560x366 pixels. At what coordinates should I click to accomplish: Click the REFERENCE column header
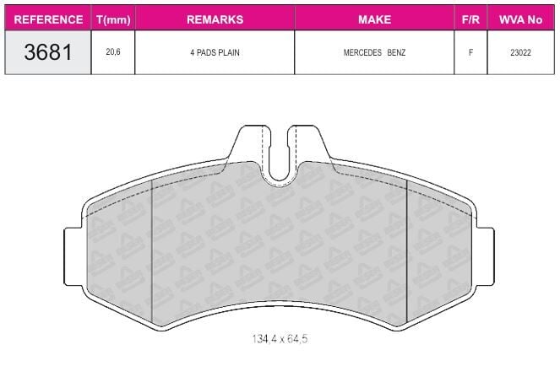click(x=48, y=19)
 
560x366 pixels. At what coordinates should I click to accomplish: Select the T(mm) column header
click(x=113, y=19)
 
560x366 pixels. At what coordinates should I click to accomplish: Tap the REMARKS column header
click(x=215, y=19)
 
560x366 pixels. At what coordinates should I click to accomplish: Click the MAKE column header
click(x=375, y=19)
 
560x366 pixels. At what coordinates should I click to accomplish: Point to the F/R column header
click(x=470, y=19)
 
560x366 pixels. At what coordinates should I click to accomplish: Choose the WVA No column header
click(x=520, y=19)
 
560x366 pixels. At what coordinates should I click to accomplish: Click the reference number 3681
click(x=48, y=52)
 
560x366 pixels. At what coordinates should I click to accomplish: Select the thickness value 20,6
click(x=113, y=52)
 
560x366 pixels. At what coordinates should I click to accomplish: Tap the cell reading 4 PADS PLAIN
click(x=215, y=52)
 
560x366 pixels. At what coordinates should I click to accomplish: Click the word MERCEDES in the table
click(x=362, y=52)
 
